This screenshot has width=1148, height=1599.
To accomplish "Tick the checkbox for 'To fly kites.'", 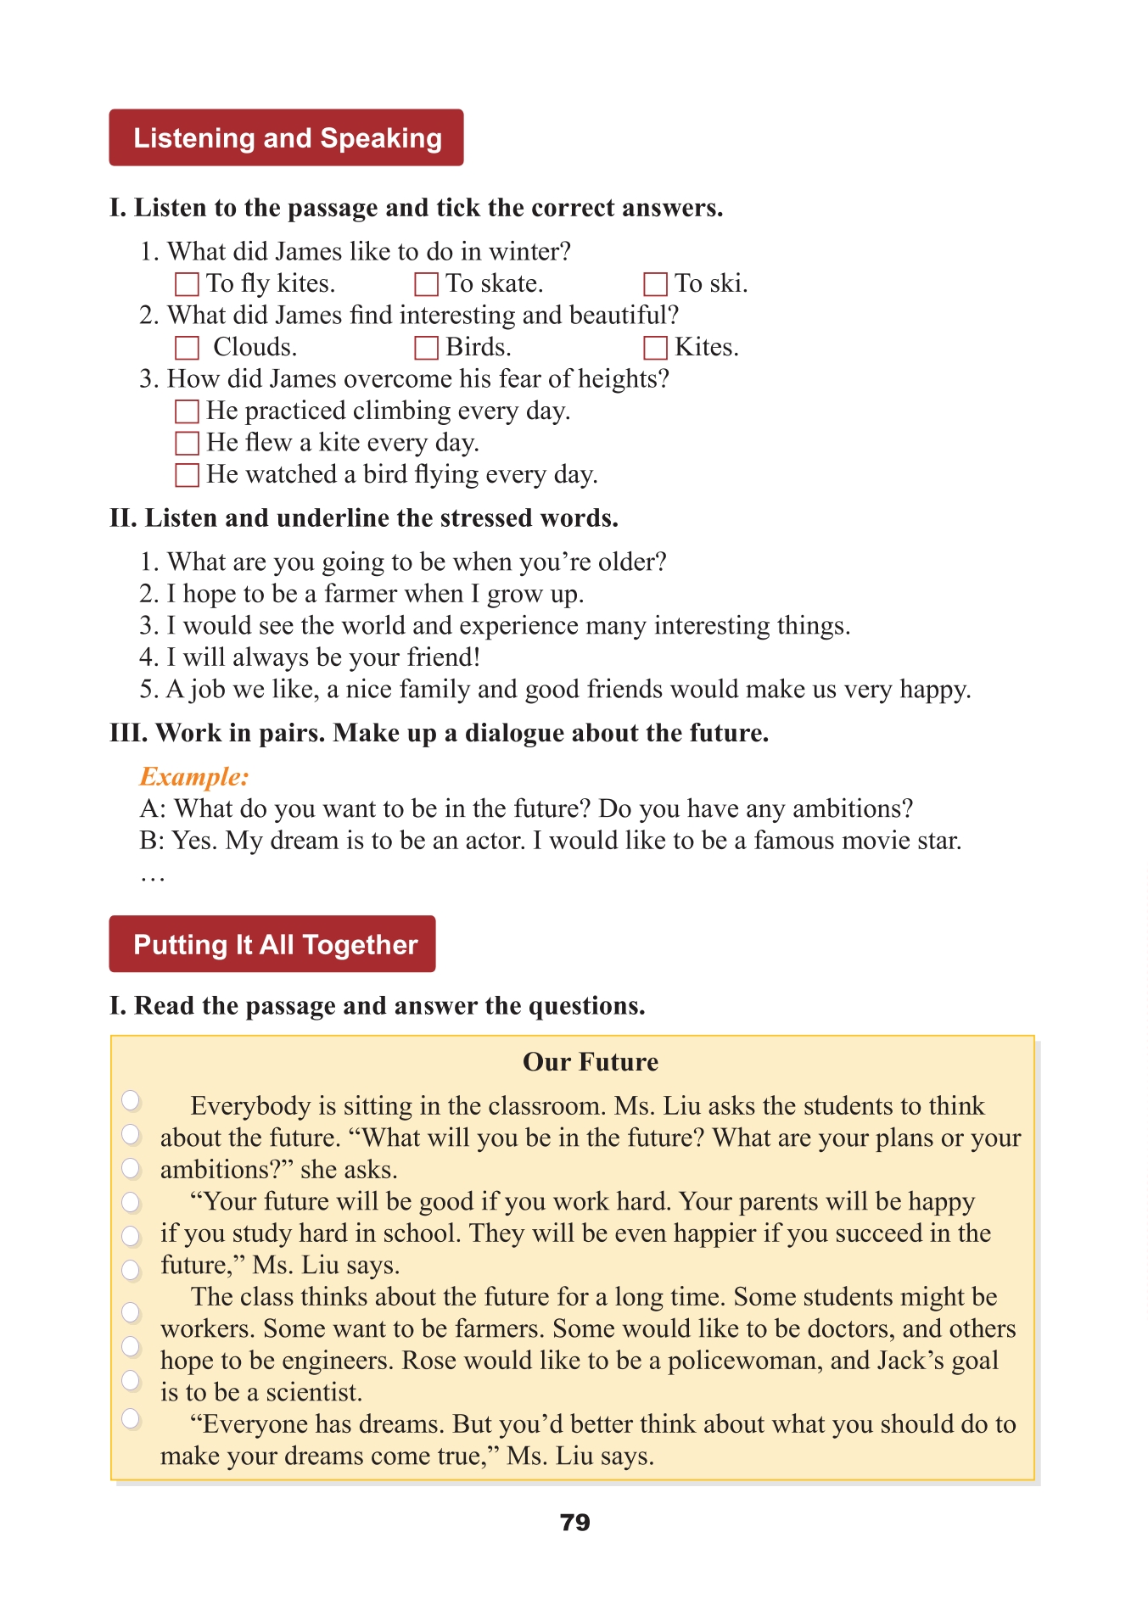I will click(x=187, y=284).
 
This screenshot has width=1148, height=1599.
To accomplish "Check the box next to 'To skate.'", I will click(x=426, y=284).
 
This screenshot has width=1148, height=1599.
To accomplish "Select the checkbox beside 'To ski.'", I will click(x=655, y=284).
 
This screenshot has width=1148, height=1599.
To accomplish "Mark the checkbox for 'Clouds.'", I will click(x=187, y=348).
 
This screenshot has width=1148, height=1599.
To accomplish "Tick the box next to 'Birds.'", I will click(x=426, y=348).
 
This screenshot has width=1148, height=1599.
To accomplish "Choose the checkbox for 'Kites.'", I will click(x=655, y=348).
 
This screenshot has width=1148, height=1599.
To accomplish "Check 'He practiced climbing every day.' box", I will click(x=187, y=411).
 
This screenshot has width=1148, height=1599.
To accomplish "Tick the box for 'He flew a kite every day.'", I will click(x=187, y=443).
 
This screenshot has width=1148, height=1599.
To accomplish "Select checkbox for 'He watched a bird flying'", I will click(x=187, y=475).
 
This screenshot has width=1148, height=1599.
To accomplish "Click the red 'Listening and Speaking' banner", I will click(x=286, y=137).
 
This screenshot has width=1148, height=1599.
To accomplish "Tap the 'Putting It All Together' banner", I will click(x=272, y=944).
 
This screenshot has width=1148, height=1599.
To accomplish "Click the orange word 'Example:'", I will click(x=194, y=777).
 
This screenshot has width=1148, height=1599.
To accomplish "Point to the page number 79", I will click(x=574, y=1523).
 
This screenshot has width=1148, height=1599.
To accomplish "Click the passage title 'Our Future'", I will click(x=591, y=1062).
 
